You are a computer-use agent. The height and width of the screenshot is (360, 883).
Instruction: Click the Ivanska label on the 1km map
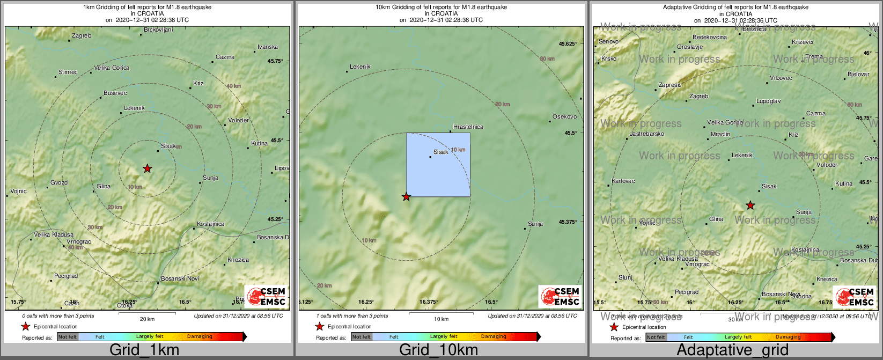coord(268,47)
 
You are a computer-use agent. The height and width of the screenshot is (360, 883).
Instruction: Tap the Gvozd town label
coord(59,183)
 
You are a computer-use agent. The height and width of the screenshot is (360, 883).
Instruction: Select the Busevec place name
coord(115,93)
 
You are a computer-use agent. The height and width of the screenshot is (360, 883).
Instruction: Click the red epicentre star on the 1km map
coord(148,168)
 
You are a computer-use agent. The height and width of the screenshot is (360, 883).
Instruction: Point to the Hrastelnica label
coord(468,127)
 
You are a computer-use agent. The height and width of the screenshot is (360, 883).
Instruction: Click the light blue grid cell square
coord(438,165)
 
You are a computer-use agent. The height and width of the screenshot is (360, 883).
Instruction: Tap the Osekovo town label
coord(565,117)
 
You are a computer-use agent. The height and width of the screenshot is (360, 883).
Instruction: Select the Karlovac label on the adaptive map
coord(623,181)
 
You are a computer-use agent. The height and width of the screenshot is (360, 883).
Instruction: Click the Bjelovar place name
coord(858,75)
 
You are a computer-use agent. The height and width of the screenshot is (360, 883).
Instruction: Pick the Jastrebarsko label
coord(647,134)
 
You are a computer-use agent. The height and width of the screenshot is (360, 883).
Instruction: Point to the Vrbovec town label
coord(781,78)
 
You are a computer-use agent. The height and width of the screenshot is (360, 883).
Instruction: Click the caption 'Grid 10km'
coord(438,350)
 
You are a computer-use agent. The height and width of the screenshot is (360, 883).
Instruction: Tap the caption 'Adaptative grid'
coord(732,350)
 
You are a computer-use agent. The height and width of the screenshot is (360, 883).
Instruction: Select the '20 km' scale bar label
coord(147,319)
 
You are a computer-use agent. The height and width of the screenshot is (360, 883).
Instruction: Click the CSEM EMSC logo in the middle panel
coord(561,297)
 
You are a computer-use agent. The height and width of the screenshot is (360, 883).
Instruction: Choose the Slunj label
coord(626,278)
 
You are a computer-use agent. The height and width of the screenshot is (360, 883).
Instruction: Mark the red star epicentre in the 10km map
coord(406,197)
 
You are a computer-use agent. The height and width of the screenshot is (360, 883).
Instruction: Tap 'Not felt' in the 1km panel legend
coord(68,337)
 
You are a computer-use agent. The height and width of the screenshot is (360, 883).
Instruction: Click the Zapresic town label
coord(670,85)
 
